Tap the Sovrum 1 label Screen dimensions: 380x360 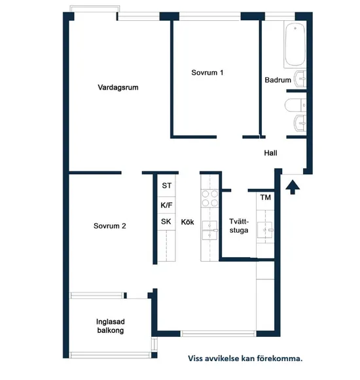pyautogui.click(x=207, y=73)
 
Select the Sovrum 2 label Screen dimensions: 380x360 pyautogui.click(x=109, y=226)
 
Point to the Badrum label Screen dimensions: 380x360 pyautogui.click(x=278, y=80)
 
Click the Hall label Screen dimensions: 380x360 pyautogui.click(x=270, y=153)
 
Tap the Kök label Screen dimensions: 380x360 pyautogui.click(x=188, y=222)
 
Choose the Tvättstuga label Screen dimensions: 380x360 pyautogui.click(x=238, y=226)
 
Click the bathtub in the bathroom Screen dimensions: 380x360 pyautogui.click(x=295, y=44)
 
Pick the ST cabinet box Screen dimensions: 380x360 pyautogui.click(x=166, y=186)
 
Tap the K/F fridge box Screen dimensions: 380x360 pyautogui.click(x=166, y=205)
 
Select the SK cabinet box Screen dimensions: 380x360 pyautogui.click(x=166, y=222)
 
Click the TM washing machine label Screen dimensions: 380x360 pyautogui.click(x=266, y=198)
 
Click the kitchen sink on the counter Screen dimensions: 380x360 pyautogui.click(x=209, y=229)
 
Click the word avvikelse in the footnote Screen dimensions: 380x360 pyautogui.click(x=225, y=358)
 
